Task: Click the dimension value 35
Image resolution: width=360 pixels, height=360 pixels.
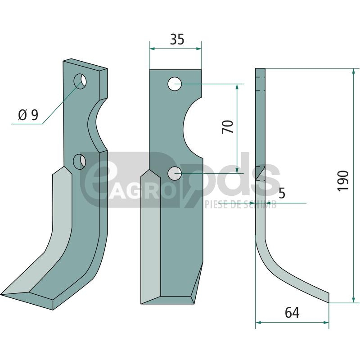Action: click(177, 39)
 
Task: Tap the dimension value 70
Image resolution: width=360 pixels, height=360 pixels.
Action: click(228, 126)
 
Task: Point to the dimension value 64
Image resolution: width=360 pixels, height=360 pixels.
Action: click(292, 312)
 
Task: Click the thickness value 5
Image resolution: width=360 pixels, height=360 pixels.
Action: click(282, 193)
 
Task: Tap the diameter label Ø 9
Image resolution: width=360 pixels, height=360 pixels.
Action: click(28, 115)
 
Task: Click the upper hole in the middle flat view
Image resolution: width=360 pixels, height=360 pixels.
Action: click(175, 84)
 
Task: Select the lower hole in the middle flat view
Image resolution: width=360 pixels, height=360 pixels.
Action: click(175, 173)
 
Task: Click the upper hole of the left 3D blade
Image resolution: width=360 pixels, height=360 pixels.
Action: click(80, 81)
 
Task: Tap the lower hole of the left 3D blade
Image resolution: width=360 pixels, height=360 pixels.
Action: click(79, 162)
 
